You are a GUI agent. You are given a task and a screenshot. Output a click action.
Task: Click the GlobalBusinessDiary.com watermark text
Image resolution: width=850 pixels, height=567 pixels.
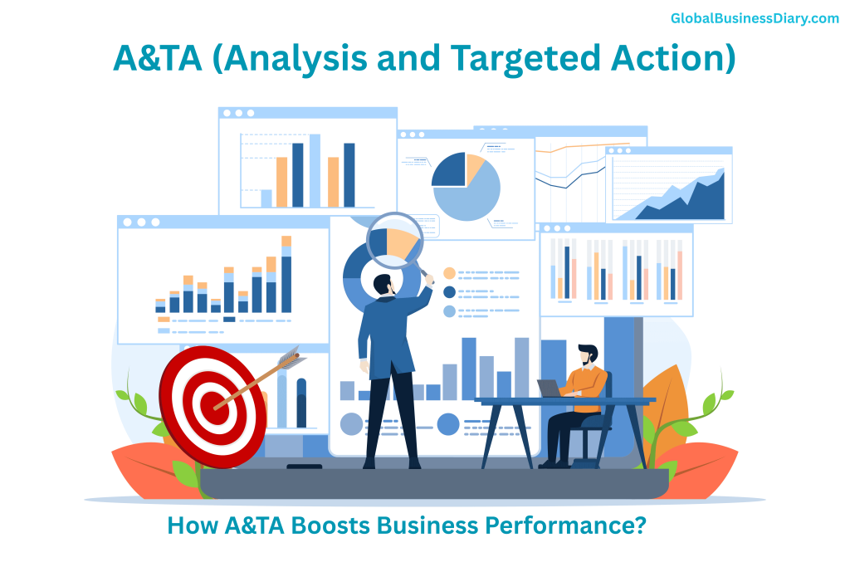pos(754,18)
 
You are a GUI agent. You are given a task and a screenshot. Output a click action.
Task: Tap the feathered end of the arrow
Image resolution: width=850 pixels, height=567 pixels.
pos(288,359)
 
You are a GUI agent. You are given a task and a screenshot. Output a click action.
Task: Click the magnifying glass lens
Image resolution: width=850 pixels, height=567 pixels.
pos(394,240)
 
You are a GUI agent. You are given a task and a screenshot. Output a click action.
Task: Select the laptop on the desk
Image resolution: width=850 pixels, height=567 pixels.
pos(550,388)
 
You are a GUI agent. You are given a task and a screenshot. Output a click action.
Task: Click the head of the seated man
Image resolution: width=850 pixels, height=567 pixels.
pos(588,355)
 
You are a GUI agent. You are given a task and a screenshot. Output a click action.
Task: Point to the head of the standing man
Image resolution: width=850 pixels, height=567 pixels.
pos(383,284)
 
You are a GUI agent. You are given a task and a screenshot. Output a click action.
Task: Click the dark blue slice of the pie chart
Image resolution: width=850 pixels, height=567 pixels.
pos(449,170)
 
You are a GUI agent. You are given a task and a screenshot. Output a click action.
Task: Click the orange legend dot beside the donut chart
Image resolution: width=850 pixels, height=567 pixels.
pos(449,272)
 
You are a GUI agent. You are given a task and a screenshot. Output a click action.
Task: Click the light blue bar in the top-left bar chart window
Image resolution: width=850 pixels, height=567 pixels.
pos(315,170)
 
